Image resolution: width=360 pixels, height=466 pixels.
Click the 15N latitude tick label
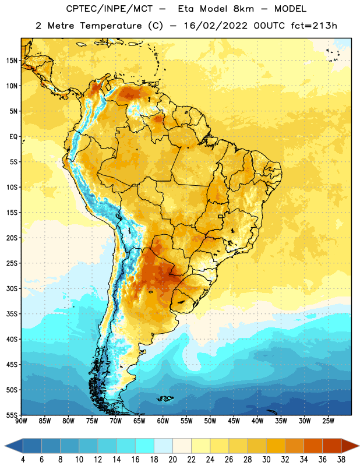click(12, 61)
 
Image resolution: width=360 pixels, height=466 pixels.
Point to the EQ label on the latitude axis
click(13, 137)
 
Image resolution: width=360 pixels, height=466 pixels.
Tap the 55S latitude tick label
click(12, 415)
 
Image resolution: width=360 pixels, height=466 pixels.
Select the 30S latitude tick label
click(12, 288)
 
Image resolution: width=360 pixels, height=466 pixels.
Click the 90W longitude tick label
click(21, 421)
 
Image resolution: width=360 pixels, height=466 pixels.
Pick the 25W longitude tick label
click(328, 421)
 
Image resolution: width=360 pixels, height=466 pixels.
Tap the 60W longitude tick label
click(163, 421)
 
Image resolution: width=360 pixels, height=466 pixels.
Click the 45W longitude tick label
click(234, 421)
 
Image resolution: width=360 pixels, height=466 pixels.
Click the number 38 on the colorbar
click(341, 460)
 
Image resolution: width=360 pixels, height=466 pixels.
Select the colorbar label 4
click(23, 460)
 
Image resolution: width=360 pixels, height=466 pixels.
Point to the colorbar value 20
click(172, 460)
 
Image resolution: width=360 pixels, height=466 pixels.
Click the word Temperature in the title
click(110, 26)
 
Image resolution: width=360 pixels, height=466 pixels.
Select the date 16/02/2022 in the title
click(216, 26)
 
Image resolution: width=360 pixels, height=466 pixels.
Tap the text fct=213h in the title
click(314, 26)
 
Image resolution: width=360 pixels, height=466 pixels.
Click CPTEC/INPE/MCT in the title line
click(110, 9)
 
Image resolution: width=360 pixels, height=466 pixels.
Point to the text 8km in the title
click(243, 9)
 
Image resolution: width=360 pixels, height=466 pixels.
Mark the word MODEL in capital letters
click(290, 9)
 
